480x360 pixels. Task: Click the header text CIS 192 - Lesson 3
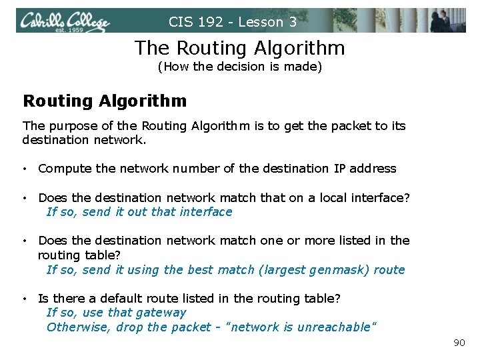click(233, 22)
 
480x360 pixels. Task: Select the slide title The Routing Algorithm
click(240, 48)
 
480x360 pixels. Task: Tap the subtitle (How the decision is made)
click(239, 67)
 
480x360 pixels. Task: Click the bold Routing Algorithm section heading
click(105, 101)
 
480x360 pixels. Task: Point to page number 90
click(459, 343)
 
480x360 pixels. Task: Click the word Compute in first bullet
click(65, 169)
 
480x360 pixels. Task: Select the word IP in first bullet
click(340, 169)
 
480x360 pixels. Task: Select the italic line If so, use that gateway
click(116, 313)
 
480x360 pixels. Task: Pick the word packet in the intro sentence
click(341, 126)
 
